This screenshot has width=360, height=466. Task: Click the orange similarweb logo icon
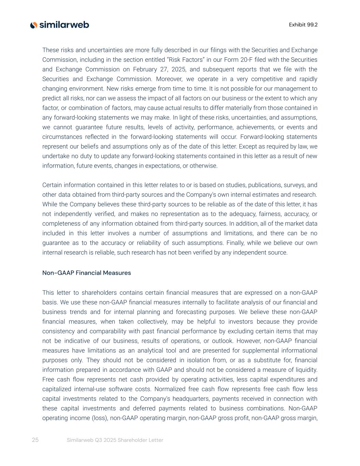click(33, 25)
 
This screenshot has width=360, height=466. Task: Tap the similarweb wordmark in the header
click(64, 25)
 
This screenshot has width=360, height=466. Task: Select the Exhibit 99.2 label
click(303, 25)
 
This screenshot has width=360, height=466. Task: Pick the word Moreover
click(169, 79)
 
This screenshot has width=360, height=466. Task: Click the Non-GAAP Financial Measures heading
click(86, 273)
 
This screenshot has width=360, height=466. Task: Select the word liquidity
click(305, 370)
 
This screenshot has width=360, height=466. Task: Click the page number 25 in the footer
click(35, 440)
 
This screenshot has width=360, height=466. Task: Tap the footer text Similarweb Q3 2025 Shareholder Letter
click(115, 440)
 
